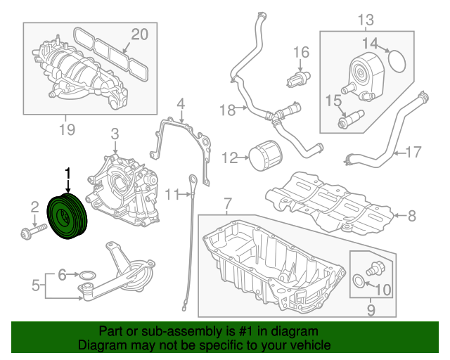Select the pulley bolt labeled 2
[32, 230]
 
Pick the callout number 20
[140, 34]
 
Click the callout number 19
[66, 129]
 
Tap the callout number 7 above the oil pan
[227, 205]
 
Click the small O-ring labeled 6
[86, 274]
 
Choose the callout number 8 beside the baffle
[411, 215]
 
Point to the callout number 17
[413, 150]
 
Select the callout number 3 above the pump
[115, 133]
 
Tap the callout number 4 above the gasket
[181, 105]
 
